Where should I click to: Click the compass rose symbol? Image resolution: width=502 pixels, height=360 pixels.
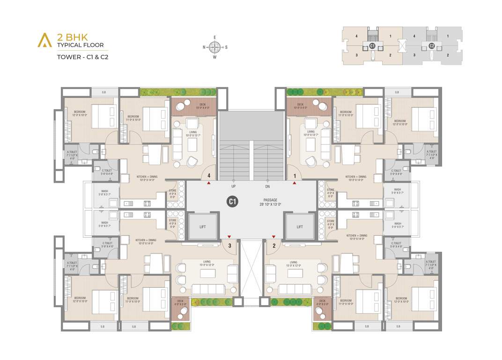[215, 46]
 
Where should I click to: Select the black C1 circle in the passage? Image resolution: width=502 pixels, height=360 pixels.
[232, 201]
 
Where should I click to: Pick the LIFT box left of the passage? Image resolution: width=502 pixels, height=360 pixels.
[203, 226]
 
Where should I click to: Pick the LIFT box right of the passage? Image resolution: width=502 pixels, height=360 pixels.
[300, 226]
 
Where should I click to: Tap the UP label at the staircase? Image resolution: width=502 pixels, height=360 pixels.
[233, 186]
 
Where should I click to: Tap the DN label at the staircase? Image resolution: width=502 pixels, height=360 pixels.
[267, 186]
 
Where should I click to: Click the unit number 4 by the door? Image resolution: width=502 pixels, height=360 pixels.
[208, 176]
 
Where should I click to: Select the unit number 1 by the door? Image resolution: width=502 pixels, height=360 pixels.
[295, 176]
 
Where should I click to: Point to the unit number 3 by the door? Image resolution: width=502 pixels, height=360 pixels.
[229, 245]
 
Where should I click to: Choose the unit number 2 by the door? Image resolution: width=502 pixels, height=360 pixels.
[274, 245]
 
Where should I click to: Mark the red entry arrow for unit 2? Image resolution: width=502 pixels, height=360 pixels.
[274, 237]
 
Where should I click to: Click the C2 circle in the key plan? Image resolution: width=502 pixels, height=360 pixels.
[431, 46]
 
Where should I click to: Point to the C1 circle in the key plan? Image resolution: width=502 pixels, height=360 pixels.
[372, 46]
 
